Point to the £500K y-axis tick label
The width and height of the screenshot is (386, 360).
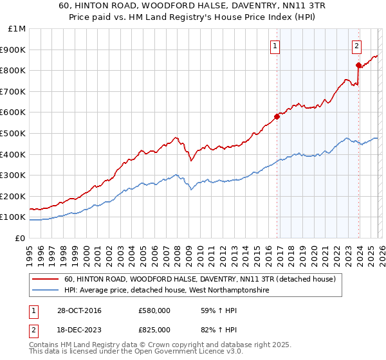(x=14, y=134)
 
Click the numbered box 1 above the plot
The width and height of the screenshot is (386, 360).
(x=275, y=46)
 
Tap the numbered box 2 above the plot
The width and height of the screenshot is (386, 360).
(x=356, y=46)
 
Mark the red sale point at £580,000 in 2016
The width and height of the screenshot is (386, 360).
(x=277, y=116)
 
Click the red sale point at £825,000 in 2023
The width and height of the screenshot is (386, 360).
(x=358, y=65)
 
